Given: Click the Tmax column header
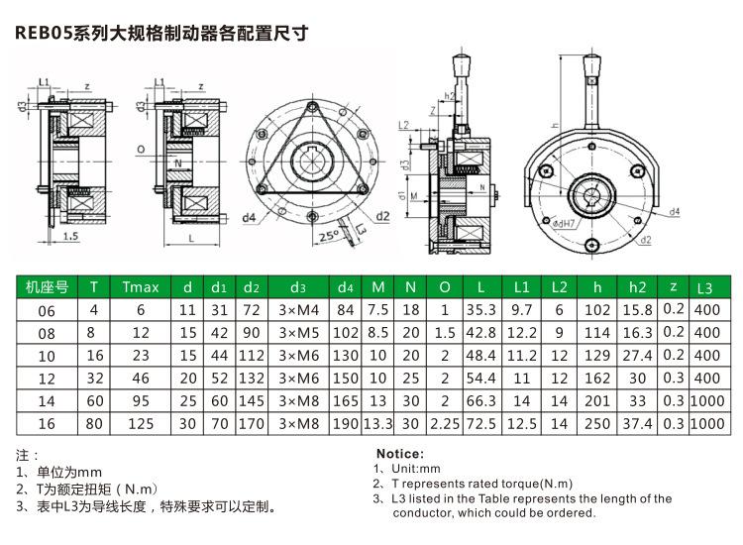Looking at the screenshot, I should tap(140, 288).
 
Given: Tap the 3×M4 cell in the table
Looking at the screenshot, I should tap(298, 311).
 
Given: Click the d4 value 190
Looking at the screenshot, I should tap(346, 424).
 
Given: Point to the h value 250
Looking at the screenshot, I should tap(597, 424).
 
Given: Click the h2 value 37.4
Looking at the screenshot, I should tap(637, 424).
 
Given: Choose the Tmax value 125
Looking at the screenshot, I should tap(140, 424).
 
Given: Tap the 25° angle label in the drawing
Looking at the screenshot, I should tap(328, 238).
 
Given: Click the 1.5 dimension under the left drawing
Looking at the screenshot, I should tap(69, 238).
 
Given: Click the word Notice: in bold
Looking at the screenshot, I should tap(401, 453).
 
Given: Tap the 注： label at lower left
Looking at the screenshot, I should tap(28, 456).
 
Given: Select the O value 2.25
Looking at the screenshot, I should tap(445, 424).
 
